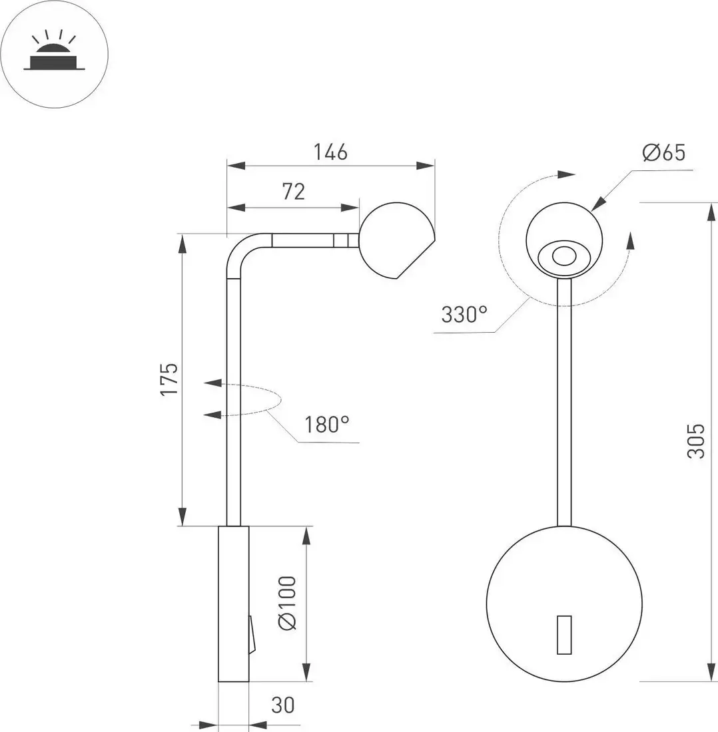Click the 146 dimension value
[x=331, y=152]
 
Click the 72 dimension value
[x=293, y=192]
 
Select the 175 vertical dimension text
[x=170, y=379]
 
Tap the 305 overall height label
[x=696, y=441]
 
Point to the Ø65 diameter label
[x=663, y=153]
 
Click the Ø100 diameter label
[x=286, y=604]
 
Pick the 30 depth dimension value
[x=283, y=705]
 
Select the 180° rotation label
[x=327, y=424]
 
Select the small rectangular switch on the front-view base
[x=564, y=634]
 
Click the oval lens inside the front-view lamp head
[x=563, y=256]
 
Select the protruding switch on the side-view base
[x=251, y=634]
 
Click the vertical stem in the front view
[x=564, y=399]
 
